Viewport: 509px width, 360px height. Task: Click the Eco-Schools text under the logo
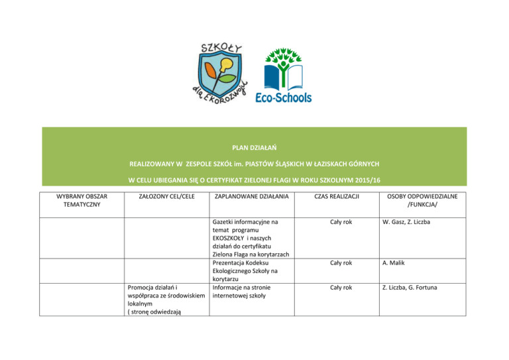click(283, 97)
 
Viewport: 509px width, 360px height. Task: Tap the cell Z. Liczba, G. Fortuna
click(412, 288)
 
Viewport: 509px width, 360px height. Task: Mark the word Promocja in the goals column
click(142, 288)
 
